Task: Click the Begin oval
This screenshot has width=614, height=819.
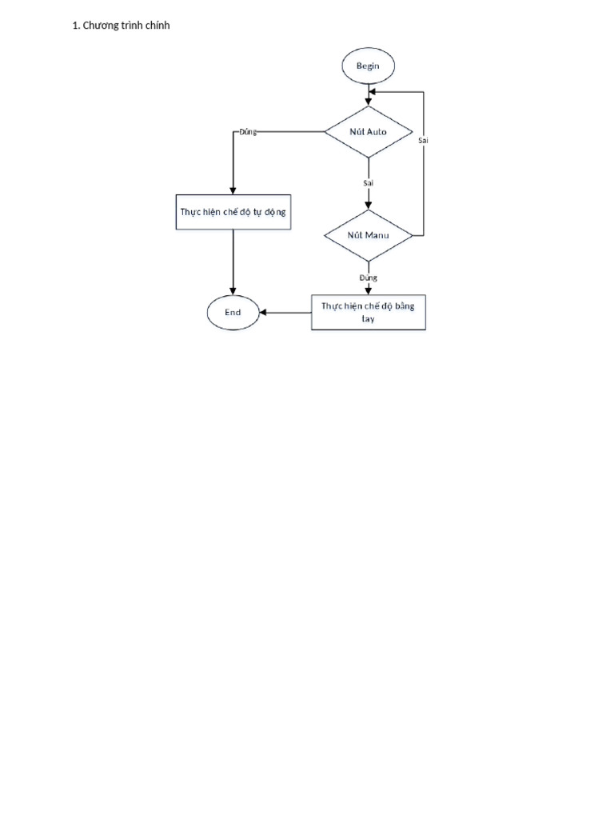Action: coord(368,66)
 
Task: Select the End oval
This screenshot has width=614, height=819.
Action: coord(233,313)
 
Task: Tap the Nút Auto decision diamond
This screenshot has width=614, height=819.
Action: coord(369,132)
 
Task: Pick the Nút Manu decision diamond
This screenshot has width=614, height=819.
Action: coord(369,236)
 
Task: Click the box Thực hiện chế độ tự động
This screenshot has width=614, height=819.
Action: coord(233,212)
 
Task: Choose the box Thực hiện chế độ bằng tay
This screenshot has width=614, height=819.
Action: coord(369,313)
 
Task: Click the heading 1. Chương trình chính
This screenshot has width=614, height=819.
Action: coord(122,26)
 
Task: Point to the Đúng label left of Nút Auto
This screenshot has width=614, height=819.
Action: coord(248,132)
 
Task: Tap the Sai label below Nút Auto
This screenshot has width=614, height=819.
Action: coord(369,183)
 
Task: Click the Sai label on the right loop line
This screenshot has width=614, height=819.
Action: coord(423,140)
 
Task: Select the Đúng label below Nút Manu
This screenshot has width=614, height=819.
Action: coord(368,278)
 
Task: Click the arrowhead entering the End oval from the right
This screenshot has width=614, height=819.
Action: coord(263,313)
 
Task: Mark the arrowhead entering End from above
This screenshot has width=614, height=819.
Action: coord(233,291)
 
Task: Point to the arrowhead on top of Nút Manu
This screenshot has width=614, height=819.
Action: coord(369,206)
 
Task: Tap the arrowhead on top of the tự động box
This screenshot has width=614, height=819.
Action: coord(233,190)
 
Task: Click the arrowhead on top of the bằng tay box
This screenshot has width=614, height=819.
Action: coord(369,291)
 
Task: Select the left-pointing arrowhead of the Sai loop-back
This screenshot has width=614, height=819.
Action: coord(373,92)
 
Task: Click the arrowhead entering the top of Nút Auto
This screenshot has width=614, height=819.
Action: coord(369,102)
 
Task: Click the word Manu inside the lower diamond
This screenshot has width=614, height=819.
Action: coord(377,236)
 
